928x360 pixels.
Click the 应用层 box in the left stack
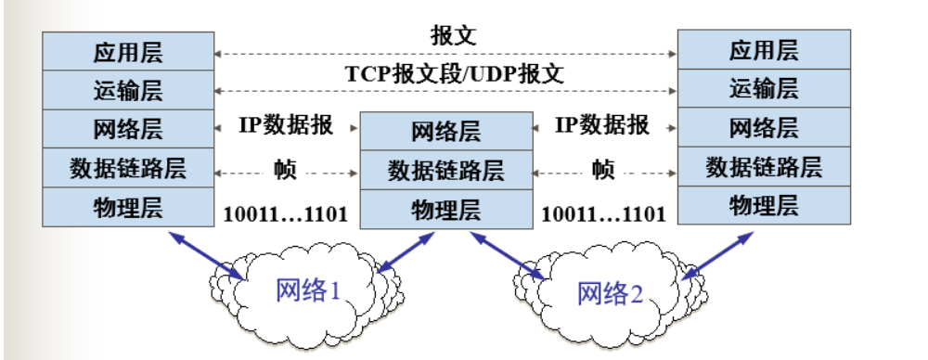128,50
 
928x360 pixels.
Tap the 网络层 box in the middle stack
445,131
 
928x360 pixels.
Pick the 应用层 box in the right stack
764,49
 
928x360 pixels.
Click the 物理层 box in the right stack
764,205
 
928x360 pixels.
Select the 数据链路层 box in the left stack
128,168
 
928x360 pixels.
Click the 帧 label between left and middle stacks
285,169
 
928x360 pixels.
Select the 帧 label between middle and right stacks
603,169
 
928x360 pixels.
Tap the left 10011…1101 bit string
285,213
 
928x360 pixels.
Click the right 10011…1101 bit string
603,213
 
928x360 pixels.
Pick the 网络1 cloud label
309,290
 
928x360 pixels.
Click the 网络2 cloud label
610,293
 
